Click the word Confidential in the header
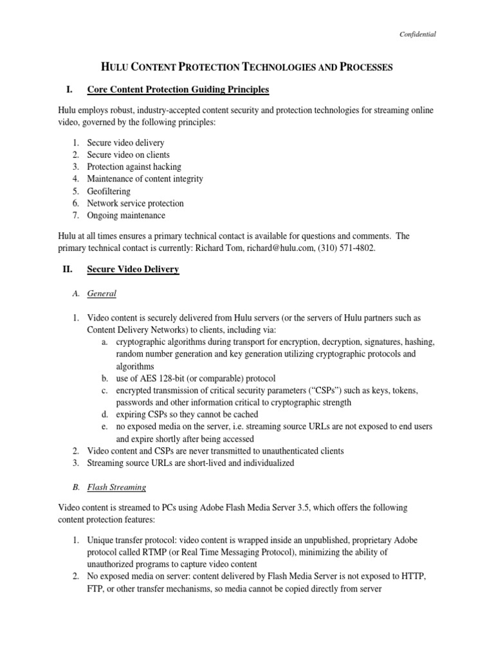pyautogui.click(x=418, y=34)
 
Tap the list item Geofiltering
pyautogui.click(x=109, y=191)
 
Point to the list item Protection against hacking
pyautogui.click(x=134, y=167)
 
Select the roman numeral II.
pyautogui.click(x=67, y=270)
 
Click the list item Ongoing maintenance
pyautogui.click(x=126, y=216)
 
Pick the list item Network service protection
pyautogui.click(x=135, y=203)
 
